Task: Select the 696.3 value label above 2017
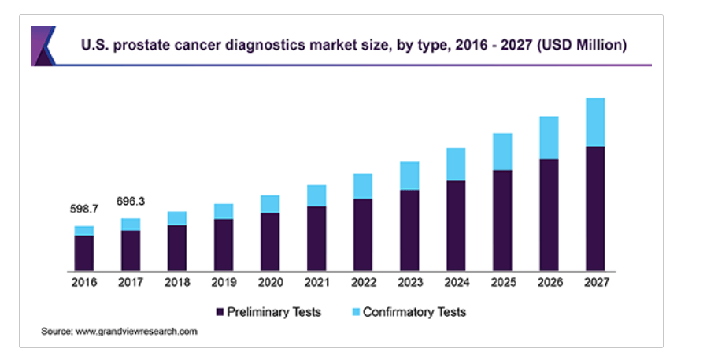(x=131, y=202)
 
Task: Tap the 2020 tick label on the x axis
(x=270, y=282)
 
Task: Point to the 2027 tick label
(x=595, y=282)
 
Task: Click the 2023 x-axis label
(x=409, y=282)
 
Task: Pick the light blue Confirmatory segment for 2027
(x=595, y=122)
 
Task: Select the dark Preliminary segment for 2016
(x=84, y=253)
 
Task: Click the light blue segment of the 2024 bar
(x=456, y=164)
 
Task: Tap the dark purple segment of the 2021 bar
(x=316, y=239)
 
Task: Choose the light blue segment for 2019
(x=224, y=211)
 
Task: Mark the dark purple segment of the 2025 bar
(x=502, y=221)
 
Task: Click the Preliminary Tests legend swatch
(x=220, y=313)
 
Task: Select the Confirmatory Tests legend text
(x=414, y=312)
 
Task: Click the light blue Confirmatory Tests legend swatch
(x=354, y=313)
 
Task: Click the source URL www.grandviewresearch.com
(x=136, y=332)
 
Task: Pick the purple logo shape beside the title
(x=43, y=46)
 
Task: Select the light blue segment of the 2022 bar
(x=363, y=186)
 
